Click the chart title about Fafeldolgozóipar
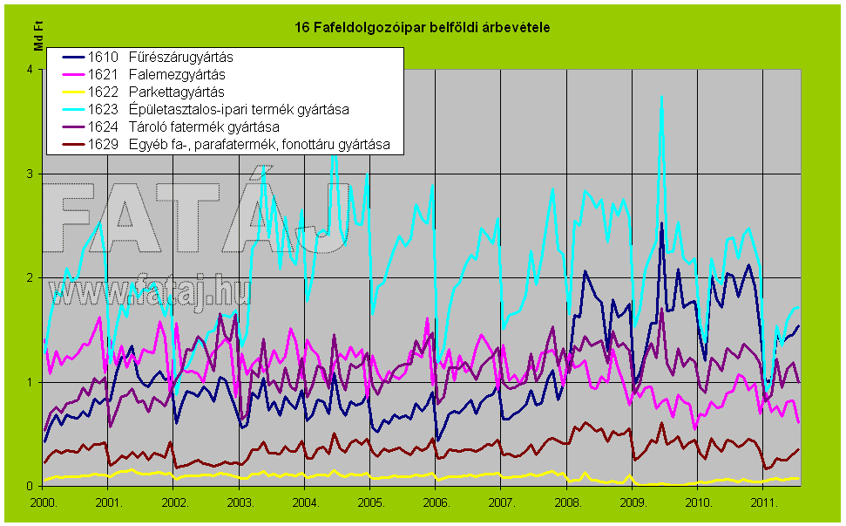[x=423, y=28]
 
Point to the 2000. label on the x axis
[x=44, y=503]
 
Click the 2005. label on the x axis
[x=370, y=503]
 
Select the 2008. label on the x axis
[x=567, y=503]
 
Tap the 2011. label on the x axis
[x=763, y=503]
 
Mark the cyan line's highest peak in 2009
[x=662, y=96]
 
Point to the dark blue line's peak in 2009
[x=661, y=223]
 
